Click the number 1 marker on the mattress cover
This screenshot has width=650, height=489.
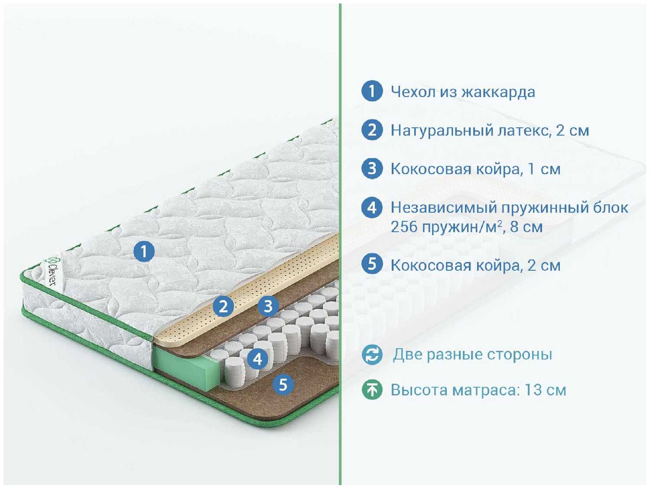[x=144, y=251]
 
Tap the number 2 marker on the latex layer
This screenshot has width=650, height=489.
[x=224, y=306]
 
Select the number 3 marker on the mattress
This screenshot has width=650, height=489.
[x=268, y=306]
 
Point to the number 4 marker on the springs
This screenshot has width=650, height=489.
[x=258, y=359]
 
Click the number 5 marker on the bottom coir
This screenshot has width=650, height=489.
[x=283, y=384]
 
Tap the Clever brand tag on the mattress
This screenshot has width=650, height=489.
[x=52, y=272]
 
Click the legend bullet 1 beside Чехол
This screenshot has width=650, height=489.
[x=372, y=91]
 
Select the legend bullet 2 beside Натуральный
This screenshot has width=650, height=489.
[x=372, y=130]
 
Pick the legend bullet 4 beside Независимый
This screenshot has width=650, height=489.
[x=372, y=207]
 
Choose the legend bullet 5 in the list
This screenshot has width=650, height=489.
[x=372, y=264]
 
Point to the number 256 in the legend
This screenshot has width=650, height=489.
[x=404, y=227]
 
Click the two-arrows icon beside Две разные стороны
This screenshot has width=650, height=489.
[x=372, y=355]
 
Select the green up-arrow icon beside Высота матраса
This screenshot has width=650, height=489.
[x=372, y=389]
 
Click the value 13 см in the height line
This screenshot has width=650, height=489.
[x=545, y=390]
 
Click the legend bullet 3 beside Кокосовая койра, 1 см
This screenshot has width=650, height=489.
[x=372, y=168]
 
